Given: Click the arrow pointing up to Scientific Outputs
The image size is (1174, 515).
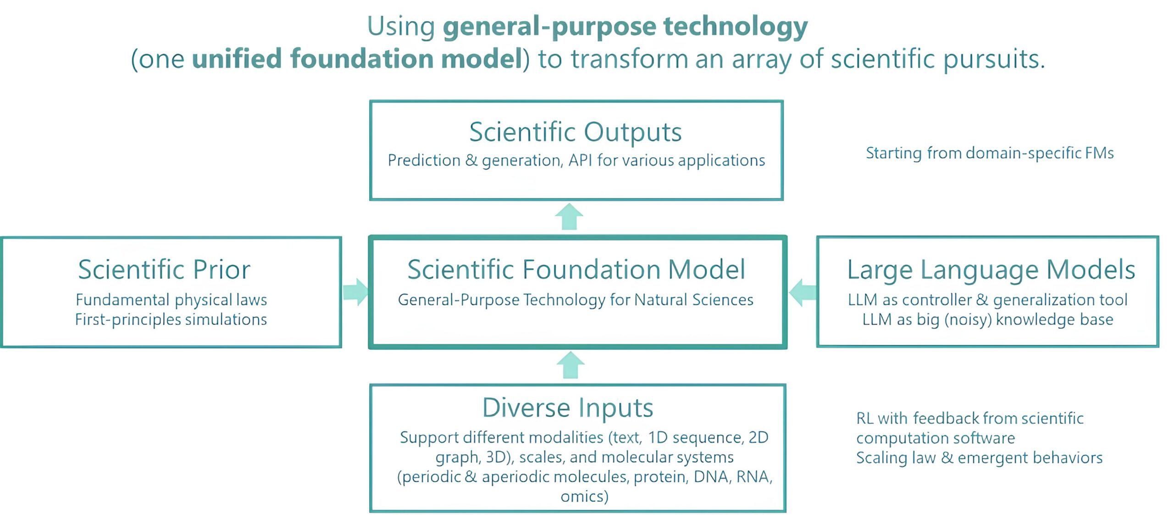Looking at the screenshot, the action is tap(569, 216).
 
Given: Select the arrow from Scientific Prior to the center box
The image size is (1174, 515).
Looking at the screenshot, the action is tap(356, 292).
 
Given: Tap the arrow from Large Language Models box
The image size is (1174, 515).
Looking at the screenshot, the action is tap(803, 292).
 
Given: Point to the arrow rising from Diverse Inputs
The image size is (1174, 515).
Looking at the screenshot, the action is tap(570, 365).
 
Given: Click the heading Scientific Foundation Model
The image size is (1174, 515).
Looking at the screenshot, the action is tap(576, 269).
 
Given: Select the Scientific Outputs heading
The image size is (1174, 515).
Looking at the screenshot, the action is tap(576, 132).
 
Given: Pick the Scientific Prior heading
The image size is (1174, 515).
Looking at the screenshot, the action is tap(164, 269).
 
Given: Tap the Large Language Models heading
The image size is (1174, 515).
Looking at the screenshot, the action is tap(991, 270).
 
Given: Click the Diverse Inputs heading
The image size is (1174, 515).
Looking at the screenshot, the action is tap(568, 407).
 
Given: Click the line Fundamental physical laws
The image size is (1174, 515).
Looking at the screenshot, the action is tap(171, 300).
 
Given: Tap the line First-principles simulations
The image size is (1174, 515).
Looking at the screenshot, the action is tap(171, 319).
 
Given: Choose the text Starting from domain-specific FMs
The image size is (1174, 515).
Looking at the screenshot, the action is tap(990, 153).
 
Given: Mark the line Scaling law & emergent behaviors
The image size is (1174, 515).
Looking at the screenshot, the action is tap(979, 458).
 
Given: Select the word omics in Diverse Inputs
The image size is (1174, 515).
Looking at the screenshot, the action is tap(585, 496).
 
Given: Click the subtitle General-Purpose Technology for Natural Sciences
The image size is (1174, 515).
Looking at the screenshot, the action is tap(576, 300).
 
